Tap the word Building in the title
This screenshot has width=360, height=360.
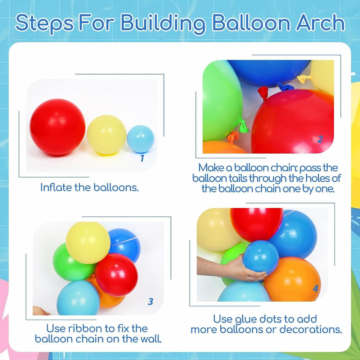point(163,24)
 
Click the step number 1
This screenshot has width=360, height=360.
point(142,158)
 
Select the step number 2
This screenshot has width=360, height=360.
point(320,139)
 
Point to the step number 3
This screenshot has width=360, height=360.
point(150,301)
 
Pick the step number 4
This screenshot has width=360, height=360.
point(315,288)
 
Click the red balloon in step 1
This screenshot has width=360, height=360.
point(57,127)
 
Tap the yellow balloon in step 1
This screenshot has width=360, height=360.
point(107,135)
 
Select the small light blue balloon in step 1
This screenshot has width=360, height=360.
point(140,139)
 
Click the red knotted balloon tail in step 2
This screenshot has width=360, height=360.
point(263,92)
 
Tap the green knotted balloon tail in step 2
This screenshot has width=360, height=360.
point(243,126)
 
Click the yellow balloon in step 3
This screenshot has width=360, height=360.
point(88,243)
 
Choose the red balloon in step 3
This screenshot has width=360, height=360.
point(116,275)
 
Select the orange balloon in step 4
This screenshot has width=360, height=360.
point(292,279)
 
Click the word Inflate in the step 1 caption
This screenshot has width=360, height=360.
point(56,187)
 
